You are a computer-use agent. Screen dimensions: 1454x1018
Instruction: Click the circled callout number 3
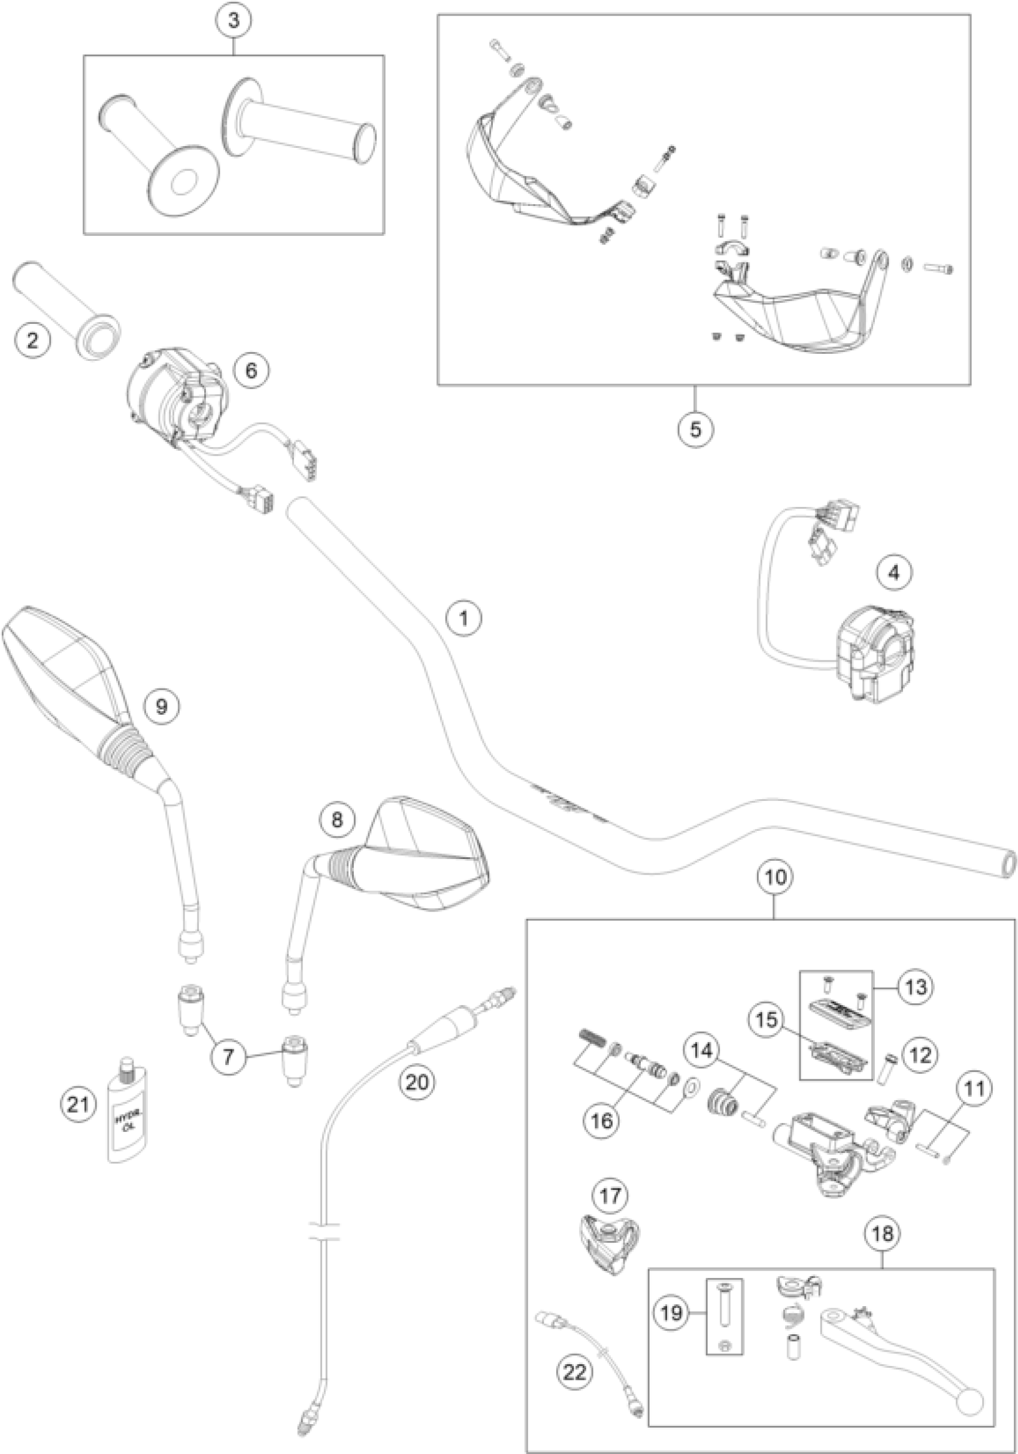click(x=234, y=20)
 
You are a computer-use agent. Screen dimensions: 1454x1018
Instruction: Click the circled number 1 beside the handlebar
click(x=463, y=617)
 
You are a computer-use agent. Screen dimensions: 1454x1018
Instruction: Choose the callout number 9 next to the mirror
click(x=161, y=706)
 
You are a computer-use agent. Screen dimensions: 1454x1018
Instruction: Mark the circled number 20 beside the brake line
click(x=417, y=1082)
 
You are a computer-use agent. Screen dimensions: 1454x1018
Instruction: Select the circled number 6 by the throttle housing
click(x=252, y=370)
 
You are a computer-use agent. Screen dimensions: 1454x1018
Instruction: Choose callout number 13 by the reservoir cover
click(x=916, y=986)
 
